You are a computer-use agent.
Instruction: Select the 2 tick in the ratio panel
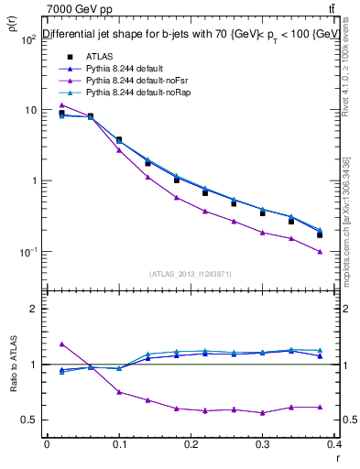tap(35, 309)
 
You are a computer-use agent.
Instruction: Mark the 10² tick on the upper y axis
tap(29, 39)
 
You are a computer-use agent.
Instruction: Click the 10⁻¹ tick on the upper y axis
tap(29, 252)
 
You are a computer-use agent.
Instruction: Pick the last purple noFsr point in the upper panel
tap(345, 252)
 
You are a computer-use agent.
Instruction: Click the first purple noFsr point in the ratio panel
tap(61, 344)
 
